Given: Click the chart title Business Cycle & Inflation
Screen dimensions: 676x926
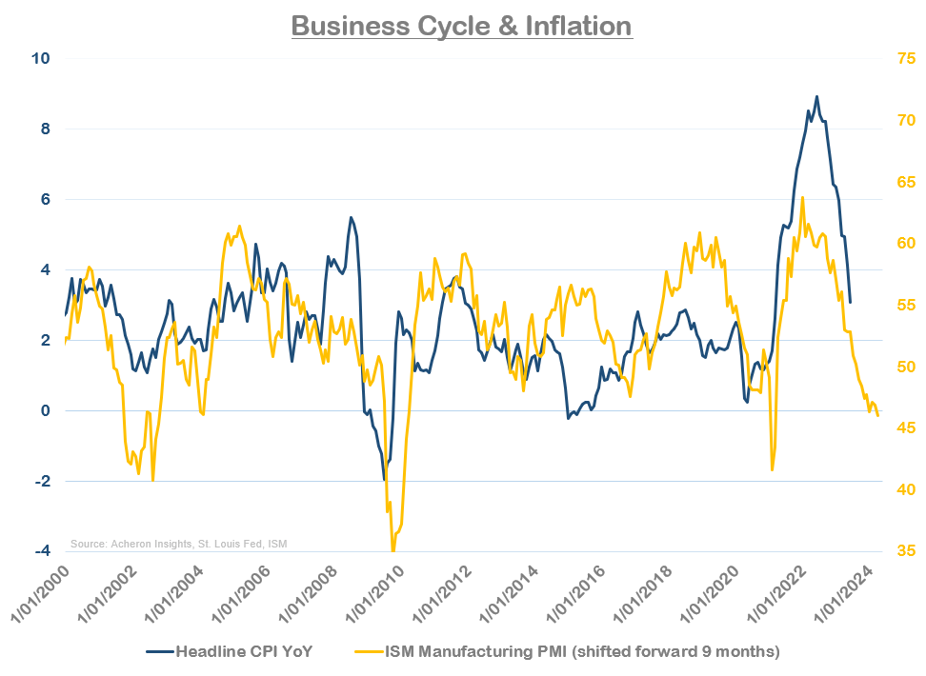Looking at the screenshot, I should pyautogui.click(x=462, y=25).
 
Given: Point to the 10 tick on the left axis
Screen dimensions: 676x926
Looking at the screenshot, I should pyautogui.click(x=43, y=58).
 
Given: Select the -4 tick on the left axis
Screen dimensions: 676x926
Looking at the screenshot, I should pyautogui.click(x=43, y=551).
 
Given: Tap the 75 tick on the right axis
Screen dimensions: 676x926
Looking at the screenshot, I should pyautogui.click(x=904, y=58).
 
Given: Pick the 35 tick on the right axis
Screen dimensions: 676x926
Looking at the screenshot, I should pyautogui.click(x=904, y=551).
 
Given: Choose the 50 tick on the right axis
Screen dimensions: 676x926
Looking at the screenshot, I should pyautogui.click(x=904, y=367).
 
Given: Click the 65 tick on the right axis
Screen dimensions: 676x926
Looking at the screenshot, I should pyautogui.click(x=904, y=182).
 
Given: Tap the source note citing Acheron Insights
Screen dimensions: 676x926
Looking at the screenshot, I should pyautogui.click(x=179, y=544).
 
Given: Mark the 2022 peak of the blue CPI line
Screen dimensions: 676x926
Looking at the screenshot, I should pyautogui.click(x=816, y=96).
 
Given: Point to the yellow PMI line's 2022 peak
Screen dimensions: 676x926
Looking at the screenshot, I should pyautogui.click(x=803, y=197).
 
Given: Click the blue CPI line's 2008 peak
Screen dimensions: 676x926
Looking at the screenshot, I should pyautogui.click(x=351, y=217).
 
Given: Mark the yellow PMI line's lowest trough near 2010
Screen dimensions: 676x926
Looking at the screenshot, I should pyautogui.click(x=393, y=550).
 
